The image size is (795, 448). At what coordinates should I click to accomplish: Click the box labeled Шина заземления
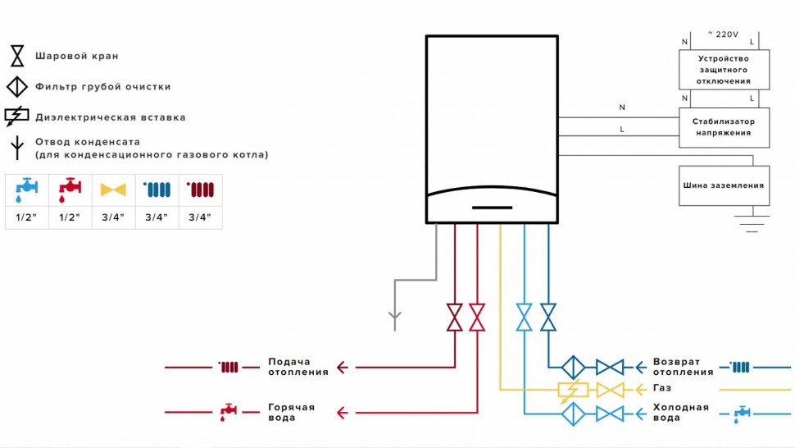pyautogui.click(x=724, y=185)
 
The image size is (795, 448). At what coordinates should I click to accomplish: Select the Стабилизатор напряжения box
pyautogui.click(x=724, y=126)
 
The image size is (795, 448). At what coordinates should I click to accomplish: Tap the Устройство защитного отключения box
pyautogui.click(x=724, y=70)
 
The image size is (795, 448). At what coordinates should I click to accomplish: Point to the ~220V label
pyautogui.click(x=723, y=34)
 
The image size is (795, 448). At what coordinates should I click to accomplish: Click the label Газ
pyautogui.click(x=661, y=388)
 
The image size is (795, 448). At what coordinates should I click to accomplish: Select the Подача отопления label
pyautogui.click(x=298, y=367)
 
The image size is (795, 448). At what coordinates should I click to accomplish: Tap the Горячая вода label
pyautogui.click(x=291, y=413)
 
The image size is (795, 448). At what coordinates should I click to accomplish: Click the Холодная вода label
pyautogui.click(x=680, y=413)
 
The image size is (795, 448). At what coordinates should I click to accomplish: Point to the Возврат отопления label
pyautogui.click(x=683, y=367)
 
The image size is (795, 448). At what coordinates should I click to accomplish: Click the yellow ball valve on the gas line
pyautogui.click(x=610, y=390)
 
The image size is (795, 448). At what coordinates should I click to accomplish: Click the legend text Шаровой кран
pyautogui.click(x=76, y=57)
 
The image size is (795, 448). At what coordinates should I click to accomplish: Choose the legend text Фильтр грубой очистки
pyautogui.click(x=102, y=86)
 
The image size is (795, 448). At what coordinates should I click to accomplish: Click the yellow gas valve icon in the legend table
pyautogui.click(x=113, y=190)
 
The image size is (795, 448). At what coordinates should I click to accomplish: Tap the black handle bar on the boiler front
pyautogui.click(x=492, y=208)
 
